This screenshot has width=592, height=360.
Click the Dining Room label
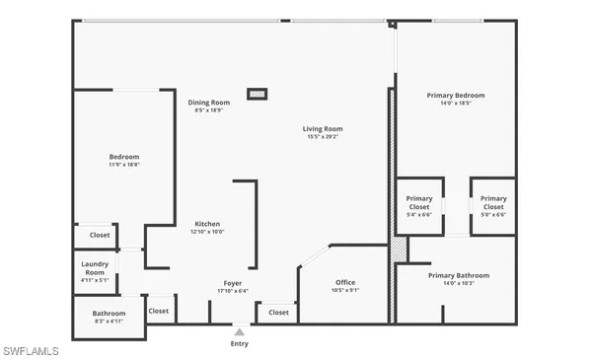coord(209,103)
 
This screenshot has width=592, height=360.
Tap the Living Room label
coord(323,129)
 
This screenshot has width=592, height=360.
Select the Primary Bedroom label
coord(456,96)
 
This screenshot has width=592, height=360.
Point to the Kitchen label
coord(207,224)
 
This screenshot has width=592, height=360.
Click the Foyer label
coord(232,283)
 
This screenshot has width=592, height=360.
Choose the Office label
coord(345,282)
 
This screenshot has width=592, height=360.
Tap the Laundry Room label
coord(95,267)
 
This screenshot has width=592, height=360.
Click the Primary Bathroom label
coord(459,275)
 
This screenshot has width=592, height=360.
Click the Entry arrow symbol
coord(239,332)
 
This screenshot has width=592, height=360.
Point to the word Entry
coord(240,344)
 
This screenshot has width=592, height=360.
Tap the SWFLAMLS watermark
coord(31,351)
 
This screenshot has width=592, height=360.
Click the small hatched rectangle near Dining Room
coord(257,95)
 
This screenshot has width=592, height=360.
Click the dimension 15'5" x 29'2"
coord(323,137)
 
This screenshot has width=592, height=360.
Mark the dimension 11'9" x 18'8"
coord(124,165)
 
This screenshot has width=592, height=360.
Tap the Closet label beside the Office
coord(279,312)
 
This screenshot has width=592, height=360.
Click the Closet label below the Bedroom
coord(100,235)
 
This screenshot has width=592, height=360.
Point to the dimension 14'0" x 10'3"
coord(459,283)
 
